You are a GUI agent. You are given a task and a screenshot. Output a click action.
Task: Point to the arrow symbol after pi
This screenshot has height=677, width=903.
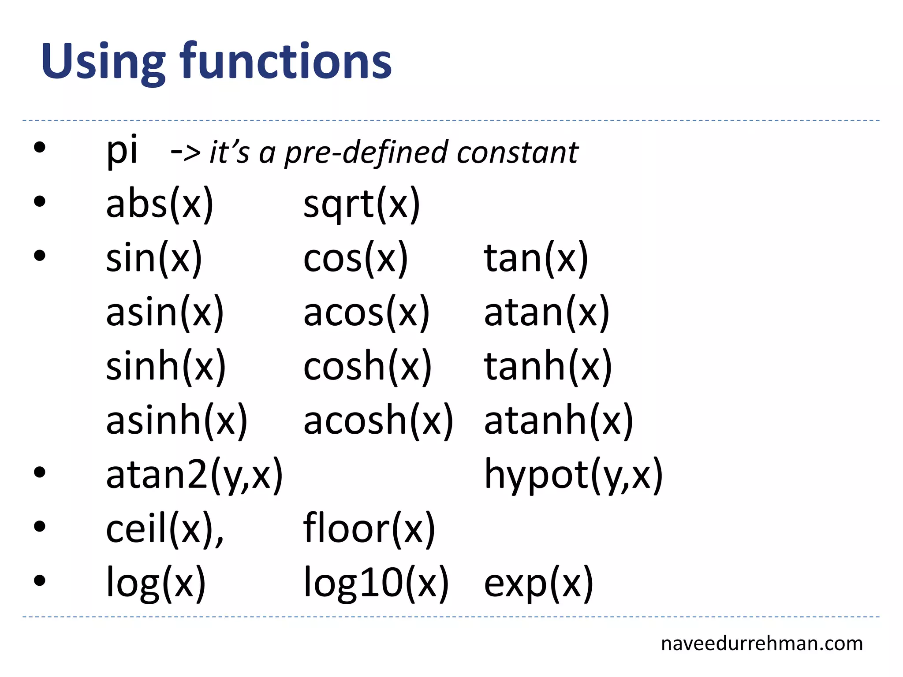pyautogui.click(x=186, y=153)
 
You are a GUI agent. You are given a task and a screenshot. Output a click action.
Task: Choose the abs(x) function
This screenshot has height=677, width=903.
pyautogui.click(x=160, y=204)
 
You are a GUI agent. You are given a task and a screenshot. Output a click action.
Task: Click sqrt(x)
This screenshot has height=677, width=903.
pyautogui.click(x=362, y=204)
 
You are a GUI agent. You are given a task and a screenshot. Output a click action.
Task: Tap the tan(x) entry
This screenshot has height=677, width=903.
pyautogui.click(x=536, y=258)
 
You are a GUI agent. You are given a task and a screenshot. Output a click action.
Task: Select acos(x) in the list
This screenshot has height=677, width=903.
pyautogui.click(x=366, y=312)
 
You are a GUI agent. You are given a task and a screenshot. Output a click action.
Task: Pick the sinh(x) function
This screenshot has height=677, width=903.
pyautogui.click(x=166, y=366)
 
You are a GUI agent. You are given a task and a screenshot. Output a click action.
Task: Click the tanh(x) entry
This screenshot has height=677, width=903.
pyautogui.click(x=548, y=366)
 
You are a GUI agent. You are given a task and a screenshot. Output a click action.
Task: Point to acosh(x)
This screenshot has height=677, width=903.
pyautogui.click(x=378, y=420)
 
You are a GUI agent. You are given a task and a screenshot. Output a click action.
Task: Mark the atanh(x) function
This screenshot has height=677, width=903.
pyautogui.click(x=558, y=420)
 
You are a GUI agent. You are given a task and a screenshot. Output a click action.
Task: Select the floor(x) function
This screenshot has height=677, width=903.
pyautogui.click(x=369, y=528)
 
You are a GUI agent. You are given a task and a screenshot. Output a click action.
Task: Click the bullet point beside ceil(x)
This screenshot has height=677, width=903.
pyautogui.click(x=40, y=526)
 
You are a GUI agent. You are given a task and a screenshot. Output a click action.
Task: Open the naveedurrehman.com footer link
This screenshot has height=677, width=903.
pyautogui.click(x=761, y=644)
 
